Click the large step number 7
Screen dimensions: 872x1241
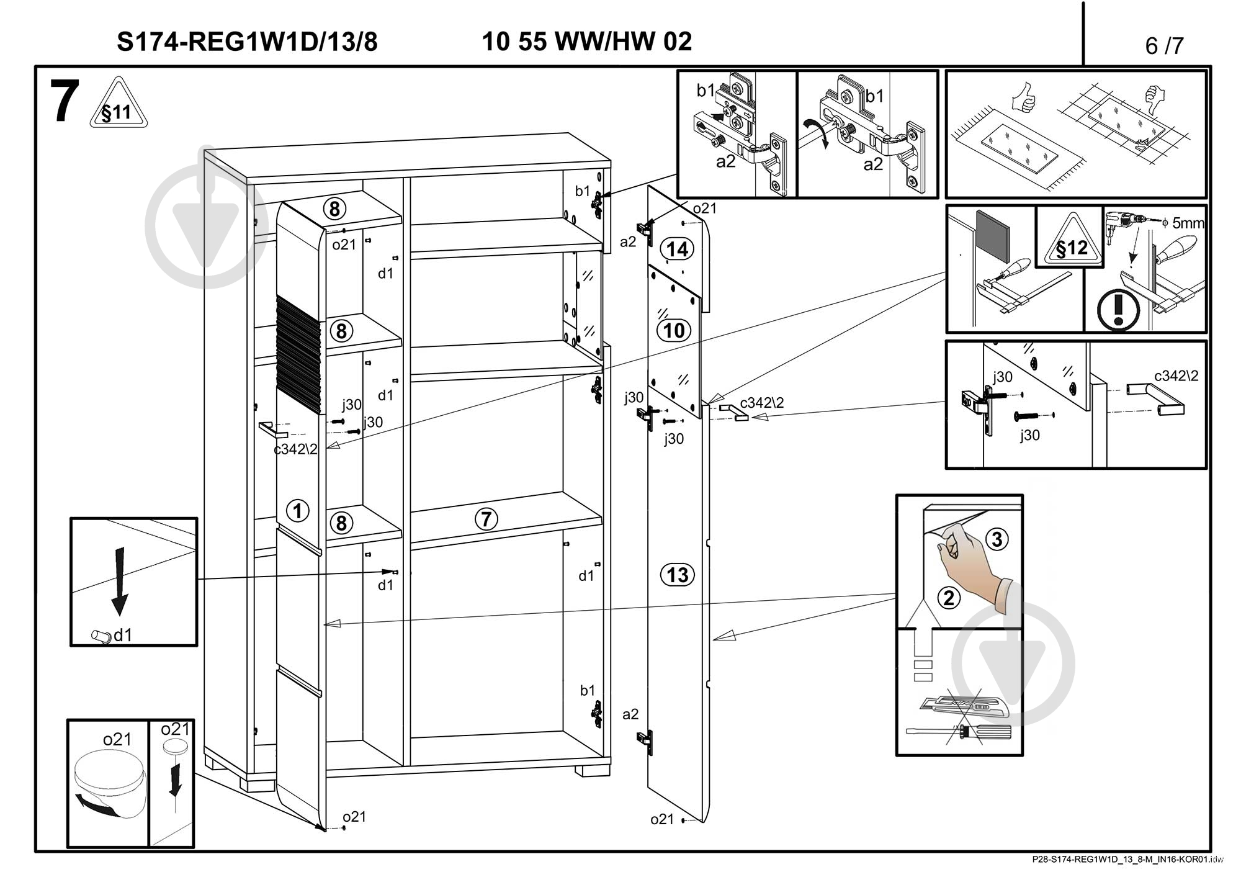pos(65,102)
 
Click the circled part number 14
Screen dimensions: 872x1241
pos(677,249)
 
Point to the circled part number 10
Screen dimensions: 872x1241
pos(674,330)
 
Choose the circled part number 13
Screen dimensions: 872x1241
pos(677,575)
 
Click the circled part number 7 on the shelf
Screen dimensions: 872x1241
pos(486,519)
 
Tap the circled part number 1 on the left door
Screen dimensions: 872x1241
pos(297,511)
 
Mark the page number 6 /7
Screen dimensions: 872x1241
pos(1164,46)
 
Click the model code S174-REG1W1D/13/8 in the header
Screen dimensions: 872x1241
pos(247,42)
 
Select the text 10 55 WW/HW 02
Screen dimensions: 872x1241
pos(586,42)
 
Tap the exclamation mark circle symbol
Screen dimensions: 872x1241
pos(1118,309)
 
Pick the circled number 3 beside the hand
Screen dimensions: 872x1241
pos(997,539)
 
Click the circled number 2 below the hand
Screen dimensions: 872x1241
pos(948,598)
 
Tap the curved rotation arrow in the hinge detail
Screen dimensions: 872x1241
pos(815,133)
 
